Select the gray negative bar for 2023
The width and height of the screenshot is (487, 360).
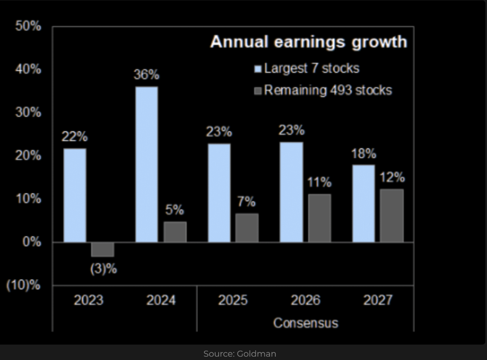point(103,249)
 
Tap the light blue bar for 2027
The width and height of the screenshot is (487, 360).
point(363,203)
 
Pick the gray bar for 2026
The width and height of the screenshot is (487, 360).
point(319,218)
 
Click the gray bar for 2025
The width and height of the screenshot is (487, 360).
point(247,228)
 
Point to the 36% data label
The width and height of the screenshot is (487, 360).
point(146,75)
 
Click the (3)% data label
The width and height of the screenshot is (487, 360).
point(103,269)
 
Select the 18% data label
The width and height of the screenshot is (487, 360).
point(364,154)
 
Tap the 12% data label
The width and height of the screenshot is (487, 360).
point(392,178)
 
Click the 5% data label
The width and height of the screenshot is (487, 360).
point(174,210)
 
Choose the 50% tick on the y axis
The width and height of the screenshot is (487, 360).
point(28,26)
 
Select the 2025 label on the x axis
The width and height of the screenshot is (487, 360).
point(233,300)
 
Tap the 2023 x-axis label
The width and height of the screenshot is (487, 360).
point(88,300)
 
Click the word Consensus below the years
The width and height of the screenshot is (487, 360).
point(305,323)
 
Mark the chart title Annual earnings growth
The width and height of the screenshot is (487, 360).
point(308,42)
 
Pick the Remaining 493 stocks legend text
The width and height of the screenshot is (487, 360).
point(328,90)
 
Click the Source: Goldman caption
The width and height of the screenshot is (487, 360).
point(239,353)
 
